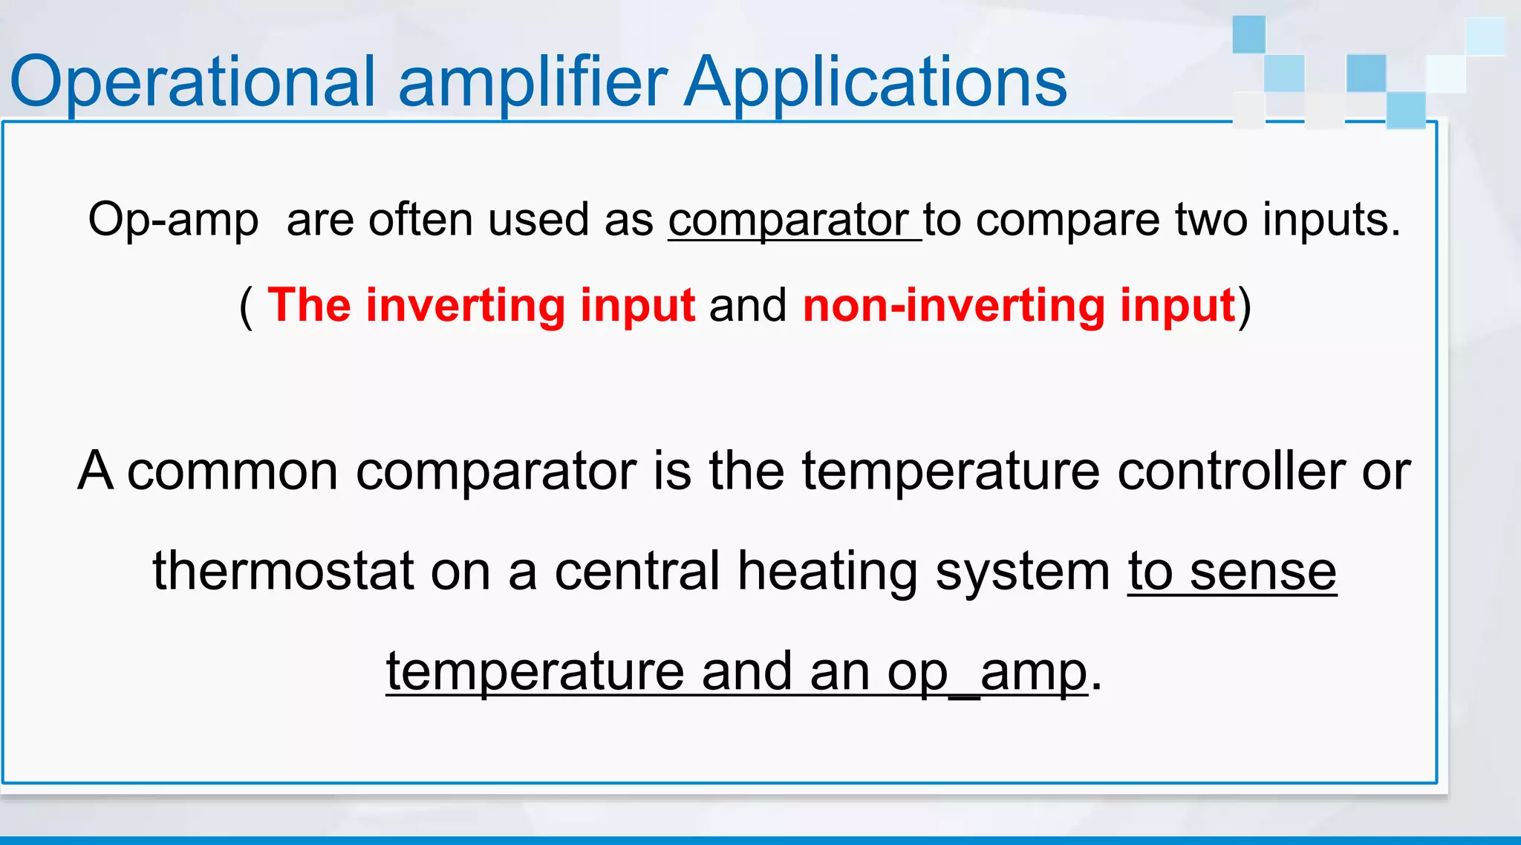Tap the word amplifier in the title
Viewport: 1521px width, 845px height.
[532, 82]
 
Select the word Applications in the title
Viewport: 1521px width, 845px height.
[875, 82]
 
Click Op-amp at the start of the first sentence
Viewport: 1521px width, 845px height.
[173, 221]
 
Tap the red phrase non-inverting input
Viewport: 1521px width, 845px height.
[1019, 305]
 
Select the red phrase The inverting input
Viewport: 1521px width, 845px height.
[481, 305]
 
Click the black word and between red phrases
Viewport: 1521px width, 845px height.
[748, 305]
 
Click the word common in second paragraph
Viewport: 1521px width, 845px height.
[232, 472]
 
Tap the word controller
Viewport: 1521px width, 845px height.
[1231, 472]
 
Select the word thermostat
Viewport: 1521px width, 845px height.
[283, 572]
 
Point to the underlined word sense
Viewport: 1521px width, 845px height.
[1263, 572]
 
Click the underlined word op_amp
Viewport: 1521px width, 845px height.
[987, 672]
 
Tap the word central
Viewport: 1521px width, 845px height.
[637, 572]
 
